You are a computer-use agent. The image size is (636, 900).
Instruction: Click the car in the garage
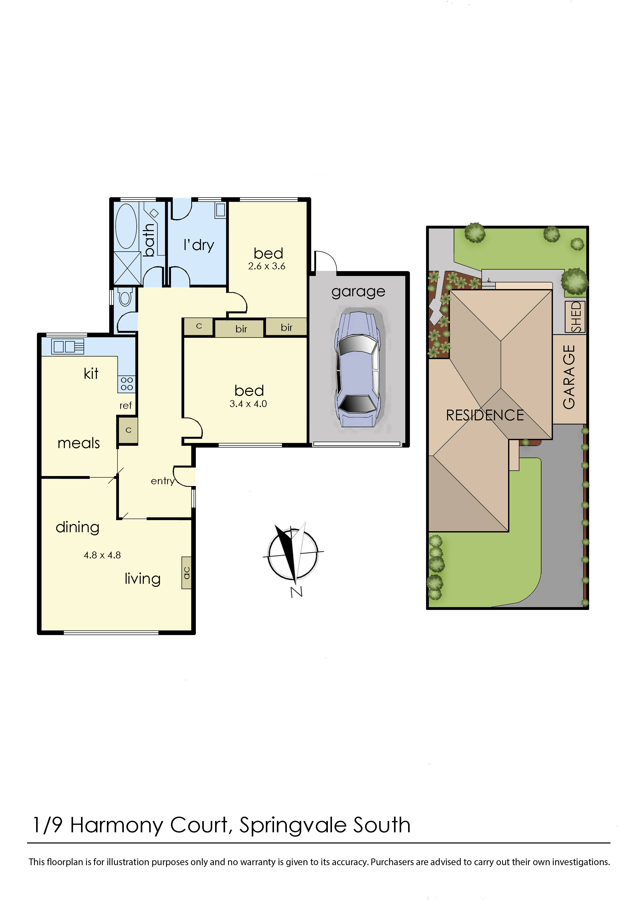(x=357, y=369)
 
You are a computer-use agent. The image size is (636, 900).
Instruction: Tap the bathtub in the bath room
(x=126, y=226)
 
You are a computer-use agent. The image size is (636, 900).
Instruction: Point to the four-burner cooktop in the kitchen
(x=127, y=384)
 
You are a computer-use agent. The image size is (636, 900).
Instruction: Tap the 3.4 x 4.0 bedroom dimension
(x=248, y=404)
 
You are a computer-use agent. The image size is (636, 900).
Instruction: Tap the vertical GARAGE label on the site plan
(x=569, y=377)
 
